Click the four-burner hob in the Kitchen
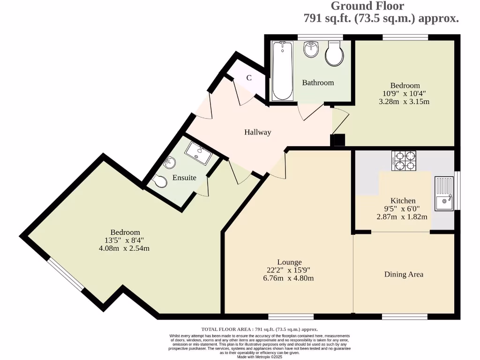click(404, 161)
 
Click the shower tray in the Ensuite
click(199, 153)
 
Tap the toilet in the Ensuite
click(159, 181)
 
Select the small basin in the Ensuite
click(169, 163)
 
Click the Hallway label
click(257, 132)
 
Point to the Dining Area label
click(404, 274)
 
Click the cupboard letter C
click(249, 78)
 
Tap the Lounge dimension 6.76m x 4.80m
click(289, 278)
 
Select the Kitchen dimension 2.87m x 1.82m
click(402, 217)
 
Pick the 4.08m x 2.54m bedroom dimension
click(125, 248)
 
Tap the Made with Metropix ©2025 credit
click(260, 357)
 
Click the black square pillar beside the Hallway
click(337, 140)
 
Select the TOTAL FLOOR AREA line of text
click(259, 329)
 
